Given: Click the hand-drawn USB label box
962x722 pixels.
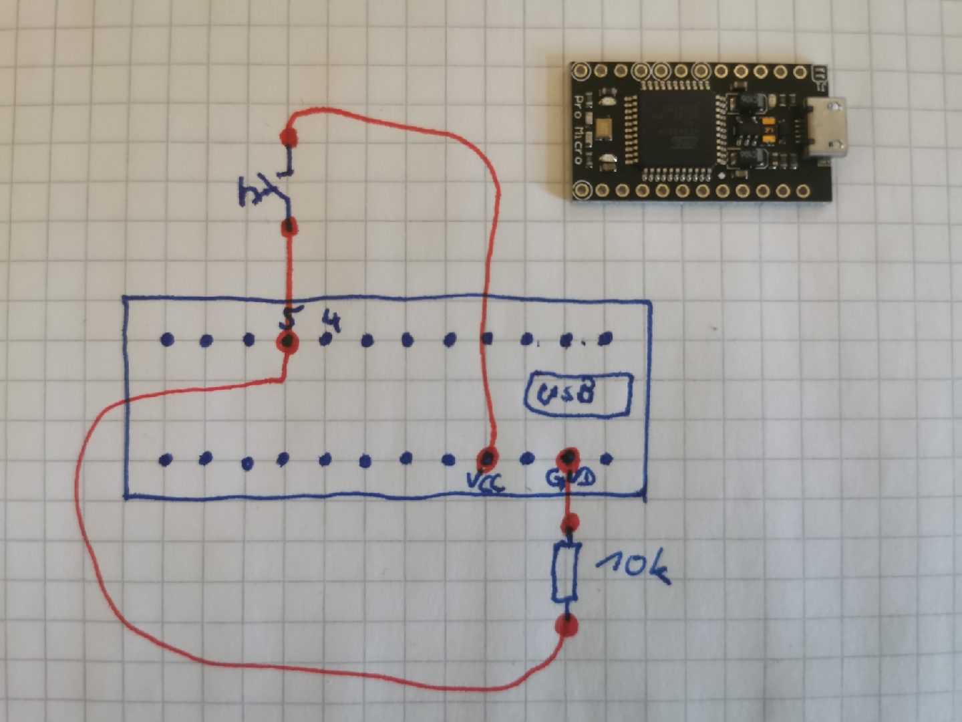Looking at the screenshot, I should tap(579, 394).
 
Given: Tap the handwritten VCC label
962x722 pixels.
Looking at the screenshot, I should tap(486, 481).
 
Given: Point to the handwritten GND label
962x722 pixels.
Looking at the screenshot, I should tap(571, 479).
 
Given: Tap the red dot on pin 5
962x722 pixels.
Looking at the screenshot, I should tap(287, 342).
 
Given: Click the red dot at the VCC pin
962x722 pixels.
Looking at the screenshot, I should tap(488, 459).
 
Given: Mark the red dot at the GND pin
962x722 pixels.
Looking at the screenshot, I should tap(568, 458).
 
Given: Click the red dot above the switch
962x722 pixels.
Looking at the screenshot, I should tap(289, 138).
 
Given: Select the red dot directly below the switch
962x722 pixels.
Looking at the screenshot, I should tap(289, 227).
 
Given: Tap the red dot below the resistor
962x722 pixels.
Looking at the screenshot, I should tap(567, 626).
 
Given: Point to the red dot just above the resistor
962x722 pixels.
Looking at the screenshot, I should tap(569, 522).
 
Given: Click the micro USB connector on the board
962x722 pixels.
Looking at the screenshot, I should tap(827, 130).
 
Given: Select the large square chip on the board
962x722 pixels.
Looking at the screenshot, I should tap(675, 129).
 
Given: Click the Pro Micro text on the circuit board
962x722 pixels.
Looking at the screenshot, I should tap(579, 130).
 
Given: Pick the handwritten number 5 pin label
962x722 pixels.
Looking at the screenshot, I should tap(289, 318).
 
